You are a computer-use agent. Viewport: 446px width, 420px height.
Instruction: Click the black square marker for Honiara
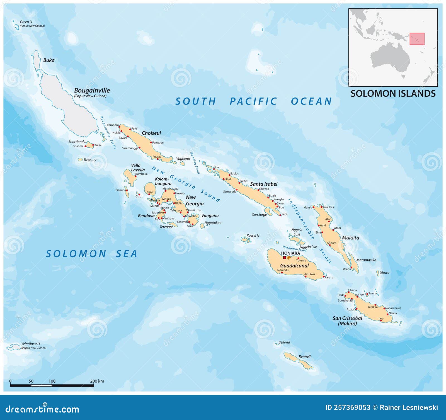(284, 258)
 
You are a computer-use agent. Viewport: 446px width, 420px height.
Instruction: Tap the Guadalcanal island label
(294, 266)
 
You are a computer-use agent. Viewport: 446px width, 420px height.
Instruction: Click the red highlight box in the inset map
(417, 39)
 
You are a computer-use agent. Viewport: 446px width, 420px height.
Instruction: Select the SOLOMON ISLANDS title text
(393, 94)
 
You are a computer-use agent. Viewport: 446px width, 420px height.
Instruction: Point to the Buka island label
(49, 60)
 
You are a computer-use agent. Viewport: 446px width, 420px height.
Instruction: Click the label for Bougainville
(92, 90)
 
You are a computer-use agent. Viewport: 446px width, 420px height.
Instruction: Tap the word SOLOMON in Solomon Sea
(76, 254)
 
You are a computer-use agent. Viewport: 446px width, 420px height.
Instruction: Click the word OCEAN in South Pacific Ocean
(311, 101)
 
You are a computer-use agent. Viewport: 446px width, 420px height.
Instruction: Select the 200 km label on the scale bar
(97, 381)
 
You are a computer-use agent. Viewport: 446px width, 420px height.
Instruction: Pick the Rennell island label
(304, 356)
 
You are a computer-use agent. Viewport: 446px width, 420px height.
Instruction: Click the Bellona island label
(284, 342)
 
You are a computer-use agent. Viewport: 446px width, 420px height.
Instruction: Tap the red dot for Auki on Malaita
(319, 225)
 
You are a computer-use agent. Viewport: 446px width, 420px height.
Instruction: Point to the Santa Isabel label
(264, 184)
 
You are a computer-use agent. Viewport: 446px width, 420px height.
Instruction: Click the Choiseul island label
(151, 133)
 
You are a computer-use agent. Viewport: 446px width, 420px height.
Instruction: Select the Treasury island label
(90, 160)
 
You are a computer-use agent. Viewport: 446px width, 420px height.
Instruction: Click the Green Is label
(26, 22)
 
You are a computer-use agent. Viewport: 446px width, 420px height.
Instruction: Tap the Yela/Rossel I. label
(31, 344)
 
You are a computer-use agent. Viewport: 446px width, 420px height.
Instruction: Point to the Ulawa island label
(384, 273)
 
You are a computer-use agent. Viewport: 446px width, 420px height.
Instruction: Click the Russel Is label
(253, 236)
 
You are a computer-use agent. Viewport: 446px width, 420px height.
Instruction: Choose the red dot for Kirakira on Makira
(375, 305)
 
